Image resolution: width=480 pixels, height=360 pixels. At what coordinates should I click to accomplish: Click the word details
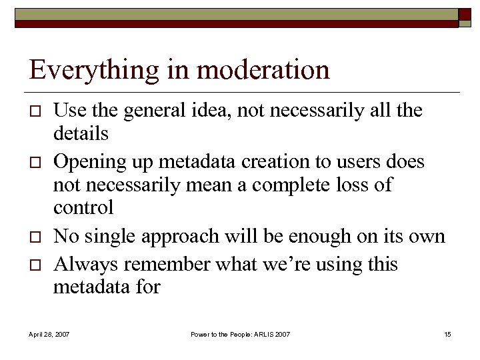pyautogui.click(x=81, y=133)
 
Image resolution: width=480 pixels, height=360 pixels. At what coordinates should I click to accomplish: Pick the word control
pyautogui.click(x=83, y=207)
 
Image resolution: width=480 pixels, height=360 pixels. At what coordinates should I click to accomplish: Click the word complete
pyautogui.click(x=293, y=185)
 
